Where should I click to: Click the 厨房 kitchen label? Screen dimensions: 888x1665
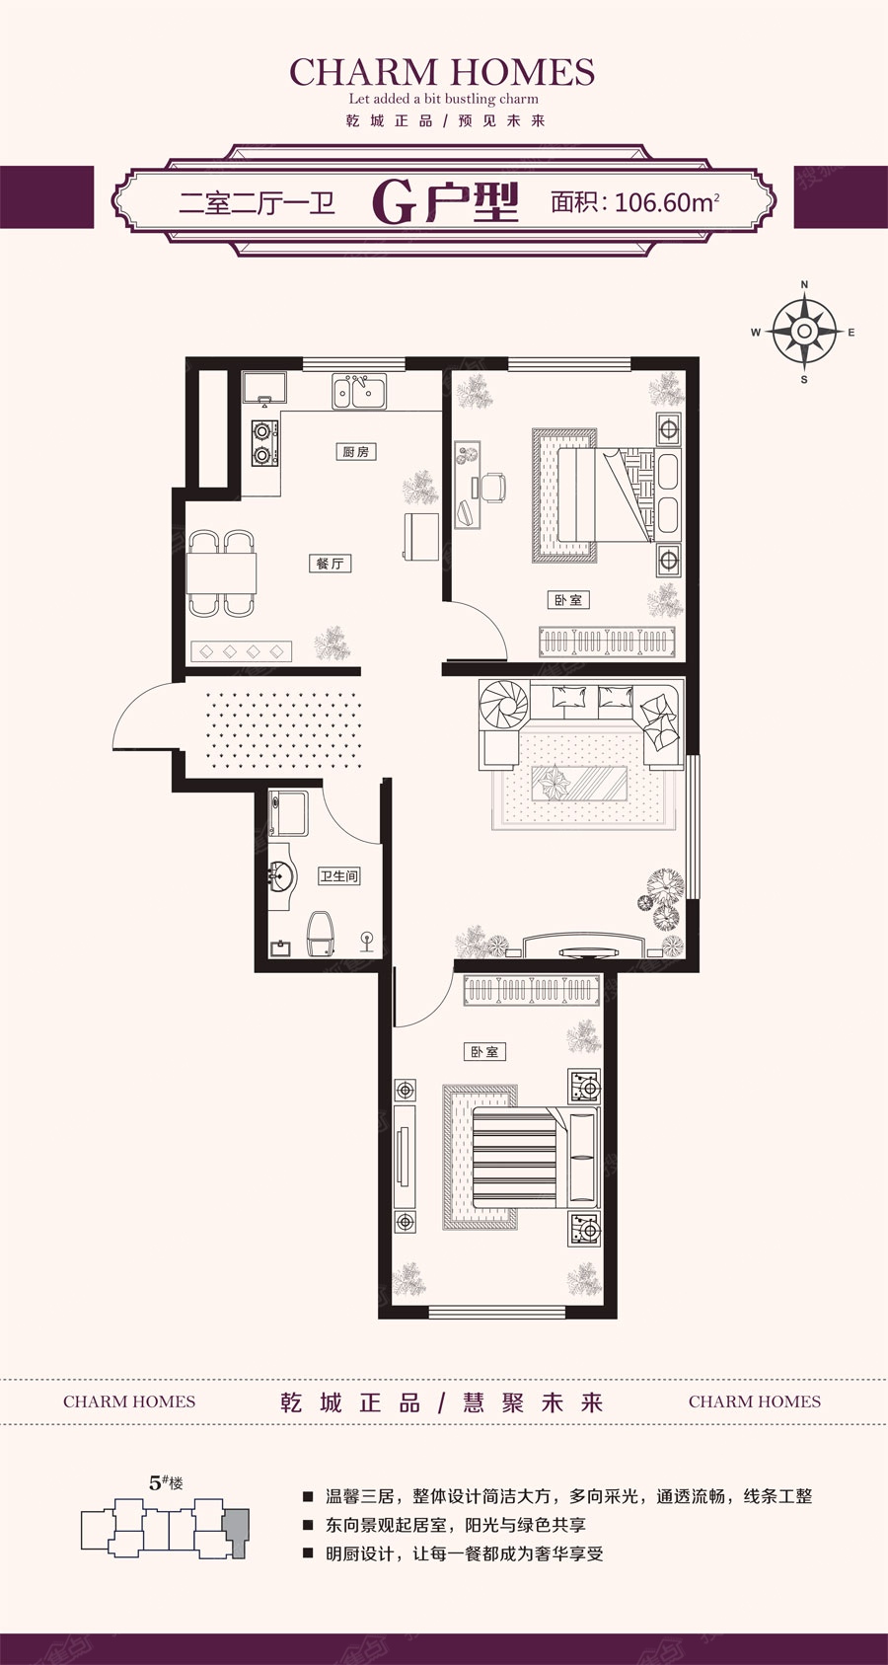pos(356,451)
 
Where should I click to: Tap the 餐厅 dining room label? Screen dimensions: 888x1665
pos(330,564)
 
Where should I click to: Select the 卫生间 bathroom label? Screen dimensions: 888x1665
pos(338,875)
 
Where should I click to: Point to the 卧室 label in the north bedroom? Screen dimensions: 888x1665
pos(568,599)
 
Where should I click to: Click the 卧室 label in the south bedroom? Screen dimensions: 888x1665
pos(484,1051)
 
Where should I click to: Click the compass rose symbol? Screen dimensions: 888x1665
pos(804,332)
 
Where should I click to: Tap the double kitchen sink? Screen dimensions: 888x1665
pos(360,391)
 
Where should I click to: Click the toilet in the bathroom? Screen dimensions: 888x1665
pos(322,935)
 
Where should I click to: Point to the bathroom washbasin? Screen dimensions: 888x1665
pos(281,874)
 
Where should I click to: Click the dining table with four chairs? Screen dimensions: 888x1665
pos(221,572)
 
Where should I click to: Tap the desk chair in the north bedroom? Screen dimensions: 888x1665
pos(493,487)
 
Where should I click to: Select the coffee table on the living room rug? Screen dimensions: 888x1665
pos(579,784)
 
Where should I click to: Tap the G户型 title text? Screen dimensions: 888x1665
pos(445,202)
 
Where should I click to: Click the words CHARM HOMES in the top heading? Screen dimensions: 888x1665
pos(442,72)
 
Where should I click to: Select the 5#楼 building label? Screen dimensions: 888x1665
pos(166,1482)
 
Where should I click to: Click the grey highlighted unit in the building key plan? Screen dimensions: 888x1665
pos(237,1533)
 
